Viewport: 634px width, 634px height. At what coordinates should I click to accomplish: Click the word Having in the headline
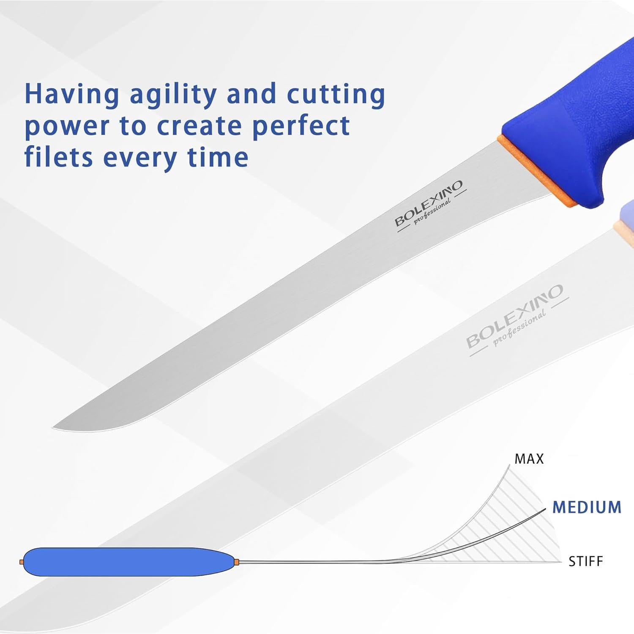(72, 94)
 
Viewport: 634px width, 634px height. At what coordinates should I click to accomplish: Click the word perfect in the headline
(301, 126)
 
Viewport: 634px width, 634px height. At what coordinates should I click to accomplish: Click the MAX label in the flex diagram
(529, 459)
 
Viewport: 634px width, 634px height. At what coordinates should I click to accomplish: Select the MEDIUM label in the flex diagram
(587, 507)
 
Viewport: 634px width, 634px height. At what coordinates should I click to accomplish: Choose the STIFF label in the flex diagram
(585, 562)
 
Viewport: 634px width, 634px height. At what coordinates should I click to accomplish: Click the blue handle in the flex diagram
(127, 562)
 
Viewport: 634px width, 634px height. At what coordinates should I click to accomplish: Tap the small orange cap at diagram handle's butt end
(22, 562)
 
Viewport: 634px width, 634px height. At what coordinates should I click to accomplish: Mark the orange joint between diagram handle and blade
(237, 562)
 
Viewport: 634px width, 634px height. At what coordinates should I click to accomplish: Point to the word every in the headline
(139, 158)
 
